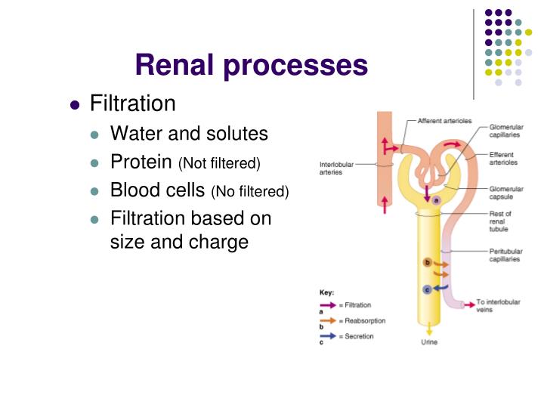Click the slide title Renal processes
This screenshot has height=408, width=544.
coord(251,66)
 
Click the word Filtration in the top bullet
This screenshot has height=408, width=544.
coord(132,104)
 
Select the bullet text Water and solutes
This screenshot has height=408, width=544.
coord(189,134)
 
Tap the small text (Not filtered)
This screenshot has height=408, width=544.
coord(219,163)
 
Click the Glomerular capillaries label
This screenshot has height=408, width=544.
coord(505,131)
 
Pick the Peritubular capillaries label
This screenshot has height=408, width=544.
coord(505,255)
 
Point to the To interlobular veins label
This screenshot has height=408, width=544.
coord(499,305)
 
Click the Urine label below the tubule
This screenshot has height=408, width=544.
coord(428,342)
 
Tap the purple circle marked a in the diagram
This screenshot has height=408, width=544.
coord(436,200)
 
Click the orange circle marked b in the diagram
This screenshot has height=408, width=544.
coord(427,263)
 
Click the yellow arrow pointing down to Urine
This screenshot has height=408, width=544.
coord(428,329)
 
